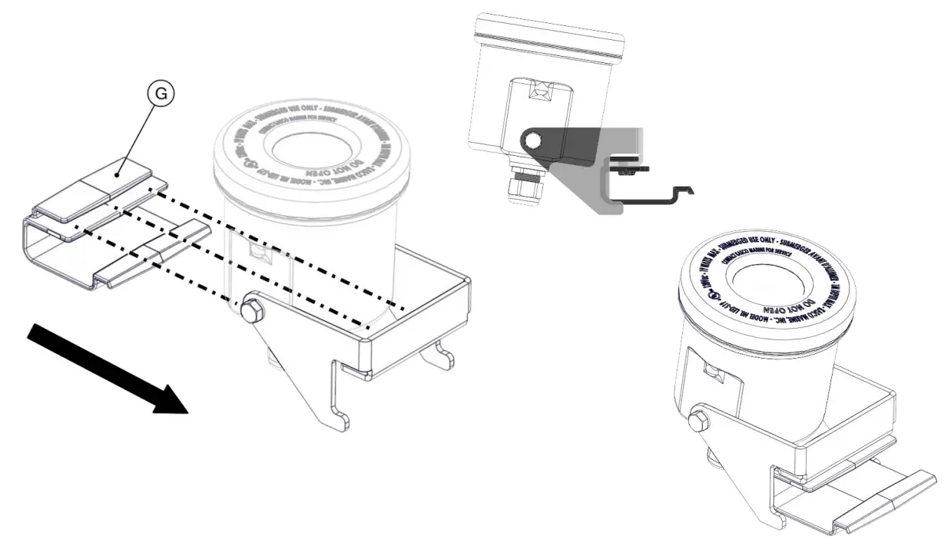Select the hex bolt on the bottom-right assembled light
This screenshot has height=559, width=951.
700,420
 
